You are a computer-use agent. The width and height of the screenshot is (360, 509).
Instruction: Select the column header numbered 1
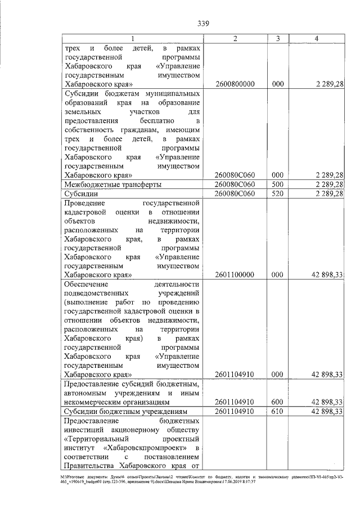pyautogui.click(x=133, y=38)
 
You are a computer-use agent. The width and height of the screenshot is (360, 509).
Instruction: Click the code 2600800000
pyautogui.click(x=235, y=84)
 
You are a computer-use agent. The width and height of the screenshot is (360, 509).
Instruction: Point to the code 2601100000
pyautogui.click(x=235, y=274)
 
